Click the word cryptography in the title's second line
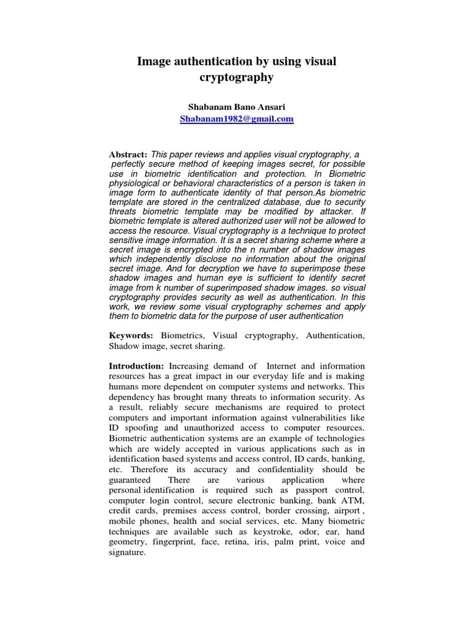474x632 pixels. [x=236, y=78]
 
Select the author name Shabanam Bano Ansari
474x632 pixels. [x=236, y=107]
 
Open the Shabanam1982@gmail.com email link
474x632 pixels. [x=236, y=118]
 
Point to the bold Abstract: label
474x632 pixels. [x=128, y=154]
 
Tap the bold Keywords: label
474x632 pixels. [x=131, y=335]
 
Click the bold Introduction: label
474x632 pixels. [x=136, y=367]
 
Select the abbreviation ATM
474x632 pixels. [x=354, y=501]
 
